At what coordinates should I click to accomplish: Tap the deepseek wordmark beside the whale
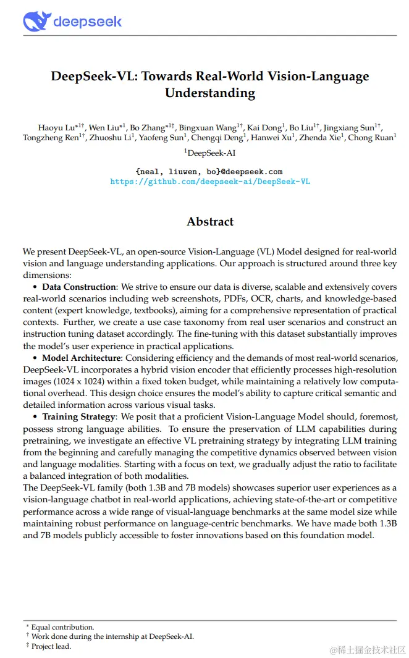(88, 22)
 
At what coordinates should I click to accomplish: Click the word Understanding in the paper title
(210, 93)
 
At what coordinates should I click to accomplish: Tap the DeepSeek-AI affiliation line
(210, 153)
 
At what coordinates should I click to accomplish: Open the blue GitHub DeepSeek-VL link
(210, 182)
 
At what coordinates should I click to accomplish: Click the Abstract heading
(210, 222)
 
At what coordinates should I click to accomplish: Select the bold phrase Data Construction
(78, 287)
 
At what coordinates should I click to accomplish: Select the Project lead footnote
(51, 646)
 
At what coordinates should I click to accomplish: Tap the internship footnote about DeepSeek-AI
(112, 636)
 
